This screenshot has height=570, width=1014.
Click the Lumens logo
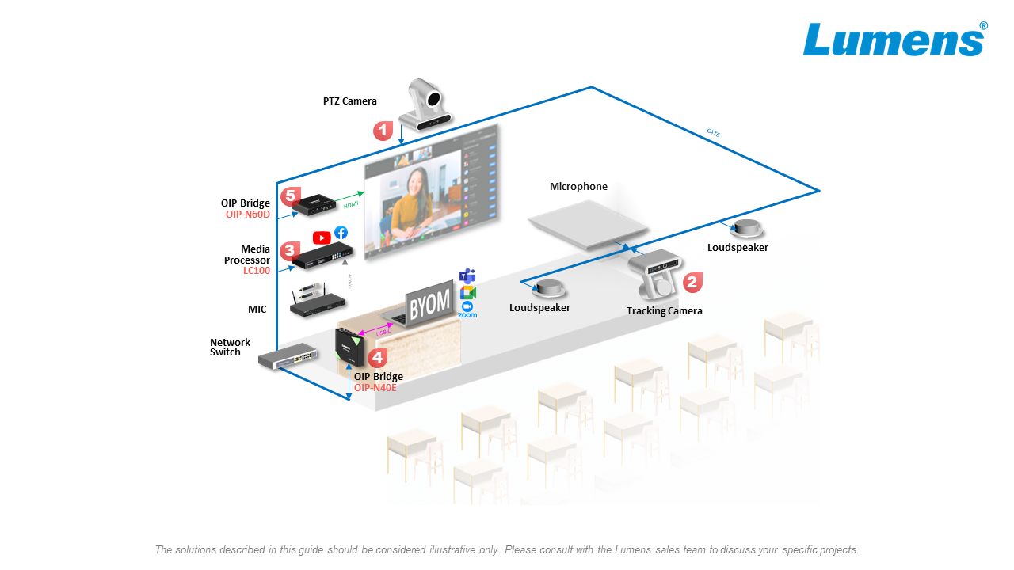(x=894, y=40)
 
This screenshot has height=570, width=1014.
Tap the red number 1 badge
(x=383, y=131)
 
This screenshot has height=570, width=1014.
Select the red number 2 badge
(x=692, y=282)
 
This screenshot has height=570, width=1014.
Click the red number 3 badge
(x=290, y=251)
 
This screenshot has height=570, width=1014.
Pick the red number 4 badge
(x=378, y=358)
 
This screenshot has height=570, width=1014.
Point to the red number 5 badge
(x=291, y=195)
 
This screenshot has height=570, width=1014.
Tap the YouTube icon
(x=322, y=237)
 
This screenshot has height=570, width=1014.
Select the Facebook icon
(x=341, y=233)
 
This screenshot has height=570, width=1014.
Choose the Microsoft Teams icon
(x=467, y=276)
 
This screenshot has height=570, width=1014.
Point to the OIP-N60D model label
(x=248, y=214)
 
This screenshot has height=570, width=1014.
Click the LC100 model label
(x=257, y=271)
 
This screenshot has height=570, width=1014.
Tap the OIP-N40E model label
(x=375, y=388)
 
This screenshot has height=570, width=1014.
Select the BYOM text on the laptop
(x=430, y=303)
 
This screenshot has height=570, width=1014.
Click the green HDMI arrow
(x=349, y=198)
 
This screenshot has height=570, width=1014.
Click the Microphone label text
(x=578, y=187)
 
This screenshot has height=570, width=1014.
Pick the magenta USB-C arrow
(x=377, y=329)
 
